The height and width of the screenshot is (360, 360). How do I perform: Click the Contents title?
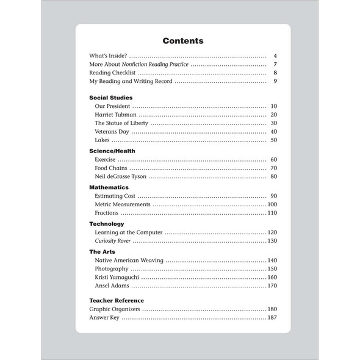click(x=182, y=41)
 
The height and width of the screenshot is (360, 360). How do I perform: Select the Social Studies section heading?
click(x=110, y=97)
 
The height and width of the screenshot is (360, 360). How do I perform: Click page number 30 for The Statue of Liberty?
click(x=273, y=123)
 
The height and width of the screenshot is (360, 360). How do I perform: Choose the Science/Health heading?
click(x=112, y=151)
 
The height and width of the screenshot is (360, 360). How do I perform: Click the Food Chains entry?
click(x=111, y=168)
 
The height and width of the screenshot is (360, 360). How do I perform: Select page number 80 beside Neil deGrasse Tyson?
click(x=273, y=177)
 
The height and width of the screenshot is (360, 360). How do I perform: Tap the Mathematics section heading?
click(x=109, y=187)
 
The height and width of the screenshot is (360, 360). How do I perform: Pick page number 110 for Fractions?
click(x=272, y=213)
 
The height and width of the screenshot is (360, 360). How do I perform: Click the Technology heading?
click(x=107, y=223)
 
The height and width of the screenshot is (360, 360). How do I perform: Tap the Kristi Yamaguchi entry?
click(x=120, y=277)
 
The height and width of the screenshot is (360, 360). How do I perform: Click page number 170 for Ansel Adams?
click(x=272, y=286)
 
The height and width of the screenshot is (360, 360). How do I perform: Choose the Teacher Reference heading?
click(x=117, y=300)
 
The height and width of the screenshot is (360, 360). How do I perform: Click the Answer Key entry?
click(x=105, y=318)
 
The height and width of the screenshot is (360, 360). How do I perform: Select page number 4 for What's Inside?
click(x=276, y=56)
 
